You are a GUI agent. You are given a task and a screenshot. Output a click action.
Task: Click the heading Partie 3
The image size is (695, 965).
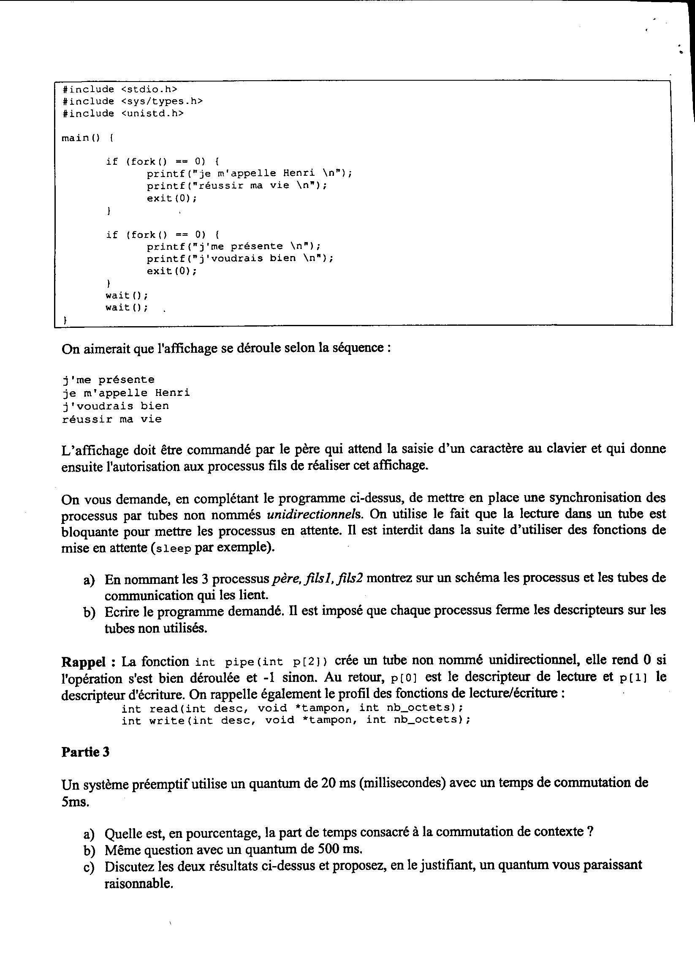point(85,752)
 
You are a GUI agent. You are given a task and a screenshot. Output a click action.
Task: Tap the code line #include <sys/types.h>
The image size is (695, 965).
point(132,101)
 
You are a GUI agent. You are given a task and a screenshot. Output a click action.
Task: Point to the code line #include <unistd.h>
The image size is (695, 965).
point(123,114)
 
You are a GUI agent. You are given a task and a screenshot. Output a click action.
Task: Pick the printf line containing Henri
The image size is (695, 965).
point(250,174)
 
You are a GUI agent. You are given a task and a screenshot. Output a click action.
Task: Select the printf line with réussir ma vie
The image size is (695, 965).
point(237,186)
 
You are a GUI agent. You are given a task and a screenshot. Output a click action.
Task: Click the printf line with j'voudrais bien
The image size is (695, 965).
point(240,258)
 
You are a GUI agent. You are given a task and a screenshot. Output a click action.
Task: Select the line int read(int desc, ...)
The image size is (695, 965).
point(292,709)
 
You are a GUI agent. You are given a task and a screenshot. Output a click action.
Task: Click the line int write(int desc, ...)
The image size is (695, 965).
point(296,720)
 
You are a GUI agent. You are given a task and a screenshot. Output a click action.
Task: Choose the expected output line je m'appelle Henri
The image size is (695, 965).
point(126,393)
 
